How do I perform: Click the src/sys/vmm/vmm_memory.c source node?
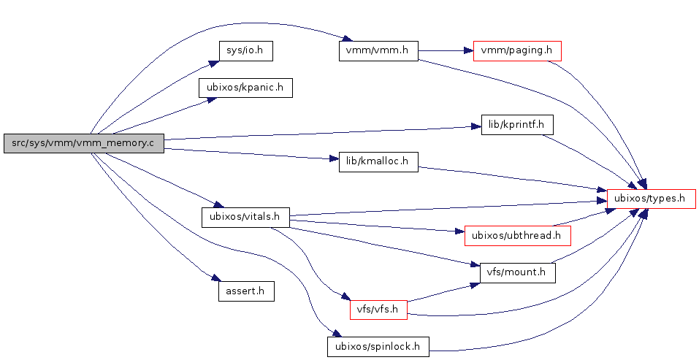[83, 143]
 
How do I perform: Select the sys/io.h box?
[240, 51]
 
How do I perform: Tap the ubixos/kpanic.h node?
[245, 88]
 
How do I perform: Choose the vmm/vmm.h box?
[378, 51]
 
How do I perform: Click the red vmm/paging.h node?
[517, 51]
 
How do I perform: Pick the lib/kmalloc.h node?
[378, 162]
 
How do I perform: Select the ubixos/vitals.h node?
[245, 217]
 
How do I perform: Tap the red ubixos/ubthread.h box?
[517, 235]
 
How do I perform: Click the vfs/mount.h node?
[517, 272]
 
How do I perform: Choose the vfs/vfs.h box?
[378, 309]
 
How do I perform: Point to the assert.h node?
[246, 291]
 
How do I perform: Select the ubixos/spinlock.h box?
[378, 346]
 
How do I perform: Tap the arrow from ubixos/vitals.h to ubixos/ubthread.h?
[376, 226]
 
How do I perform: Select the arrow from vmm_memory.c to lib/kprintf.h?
[321, 133]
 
